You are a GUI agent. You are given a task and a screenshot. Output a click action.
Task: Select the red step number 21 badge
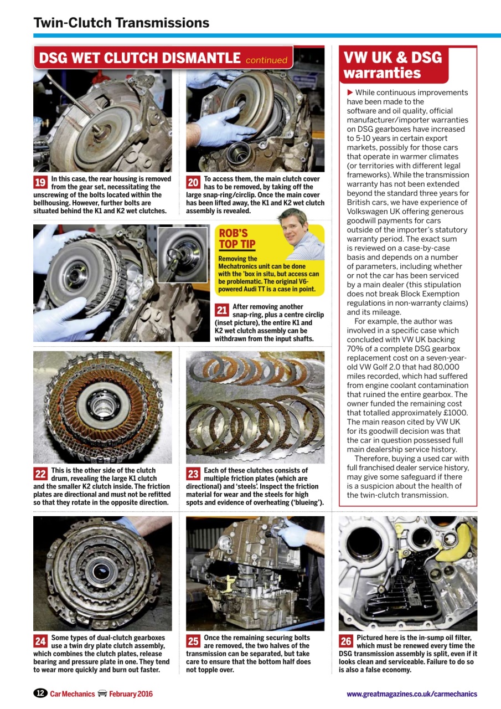click(x=222, y=311)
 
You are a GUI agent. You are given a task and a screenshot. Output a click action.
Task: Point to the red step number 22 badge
click(x=40, y=474)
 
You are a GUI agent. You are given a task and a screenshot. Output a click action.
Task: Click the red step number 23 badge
click(x=193, y=474)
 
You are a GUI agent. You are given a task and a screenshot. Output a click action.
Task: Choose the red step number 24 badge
click(x=40, y=641)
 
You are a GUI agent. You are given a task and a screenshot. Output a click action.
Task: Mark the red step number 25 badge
click(x=193, y=641)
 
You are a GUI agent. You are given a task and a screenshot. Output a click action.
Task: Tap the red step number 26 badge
click(x=346, y=641)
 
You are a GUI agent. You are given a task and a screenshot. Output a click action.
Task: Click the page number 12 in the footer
click(x=40, y=693)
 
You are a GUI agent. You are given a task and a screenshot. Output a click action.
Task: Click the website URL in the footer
click(x=411, y=694)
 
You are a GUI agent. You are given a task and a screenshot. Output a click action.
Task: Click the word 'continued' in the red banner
click(x=266, y=60)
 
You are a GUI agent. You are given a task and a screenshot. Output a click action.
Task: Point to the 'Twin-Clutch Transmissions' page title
click(x=121, y=23)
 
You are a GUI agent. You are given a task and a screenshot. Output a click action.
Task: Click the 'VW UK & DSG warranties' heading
click(x=392, y=65)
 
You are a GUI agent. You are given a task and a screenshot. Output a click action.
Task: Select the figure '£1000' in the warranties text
click(x=454, y=413)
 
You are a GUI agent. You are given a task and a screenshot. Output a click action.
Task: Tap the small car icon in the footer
click(x=102, y=693)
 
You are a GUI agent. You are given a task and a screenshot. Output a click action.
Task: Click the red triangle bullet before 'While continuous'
click(x=350, y=93)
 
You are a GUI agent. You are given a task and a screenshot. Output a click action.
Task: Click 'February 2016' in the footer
click(x=131, y=694)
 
